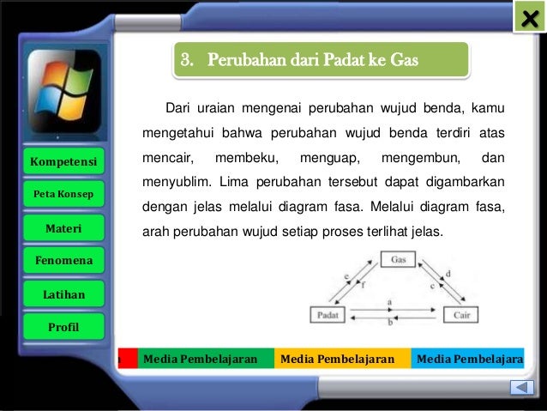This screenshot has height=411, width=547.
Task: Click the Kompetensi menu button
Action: pos(63,161)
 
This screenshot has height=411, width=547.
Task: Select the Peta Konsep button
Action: pos(63,194)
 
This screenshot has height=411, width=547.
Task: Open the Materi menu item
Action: pos(63,227)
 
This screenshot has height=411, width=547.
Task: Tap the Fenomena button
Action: pos(63,260)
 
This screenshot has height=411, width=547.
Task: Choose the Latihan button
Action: pos(63,294)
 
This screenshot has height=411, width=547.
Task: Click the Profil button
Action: pos(63,327)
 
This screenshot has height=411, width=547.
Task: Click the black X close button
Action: pos(530,18)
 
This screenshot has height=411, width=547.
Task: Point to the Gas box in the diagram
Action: pos(398,258)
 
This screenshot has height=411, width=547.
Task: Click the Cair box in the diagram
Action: pos(460,315)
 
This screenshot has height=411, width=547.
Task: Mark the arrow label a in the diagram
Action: pos(390,303)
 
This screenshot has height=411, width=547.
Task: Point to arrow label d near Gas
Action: pos(448,274)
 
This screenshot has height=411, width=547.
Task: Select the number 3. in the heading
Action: pos(187,61)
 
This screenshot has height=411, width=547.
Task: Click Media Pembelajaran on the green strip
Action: pos(201,359)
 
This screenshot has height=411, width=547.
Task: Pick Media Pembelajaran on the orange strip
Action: pos(338,359)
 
